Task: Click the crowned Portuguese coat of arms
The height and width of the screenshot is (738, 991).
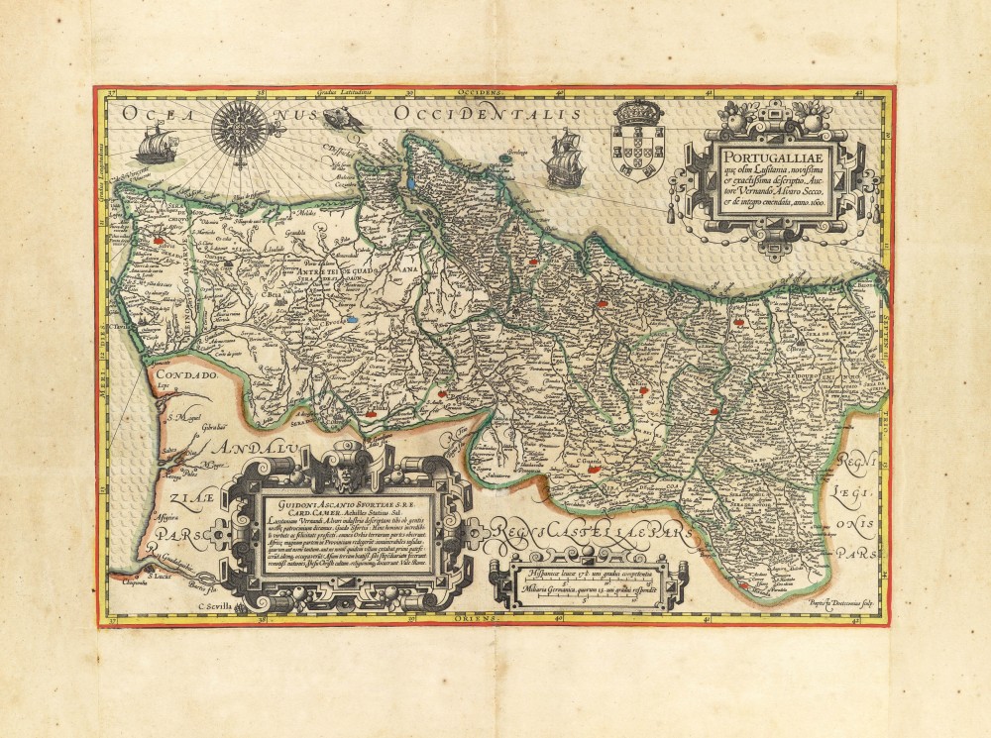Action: (638, 140)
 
